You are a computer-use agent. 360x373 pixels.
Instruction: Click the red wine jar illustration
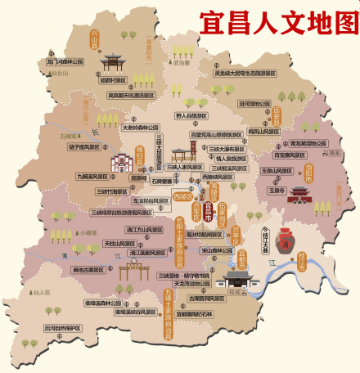284,240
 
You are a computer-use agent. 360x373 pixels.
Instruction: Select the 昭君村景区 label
113,80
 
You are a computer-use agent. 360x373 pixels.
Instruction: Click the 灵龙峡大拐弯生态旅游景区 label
245,72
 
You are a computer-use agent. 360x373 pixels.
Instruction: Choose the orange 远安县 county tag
276,115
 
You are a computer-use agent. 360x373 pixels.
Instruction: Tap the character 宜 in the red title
211,20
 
